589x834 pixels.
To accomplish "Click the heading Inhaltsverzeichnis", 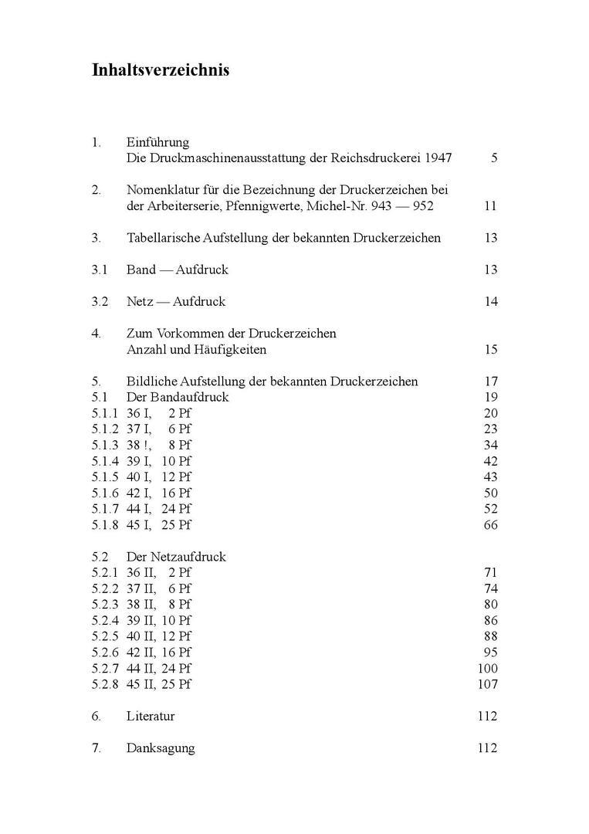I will (x=161, y=70).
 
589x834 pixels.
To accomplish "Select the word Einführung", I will (x=157, y=142).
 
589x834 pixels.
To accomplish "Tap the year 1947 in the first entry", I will (x=437, y=158).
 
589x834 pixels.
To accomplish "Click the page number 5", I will (x=493, y=158).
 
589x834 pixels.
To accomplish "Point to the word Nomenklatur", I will (x=165, y=190).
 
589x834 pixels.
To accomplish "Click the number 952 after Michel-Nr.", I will (x=422, y=206).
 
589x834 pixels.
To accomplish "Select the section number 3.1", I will (x=100, y=270).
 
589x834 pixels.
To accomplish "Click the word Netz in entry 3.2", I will (x=140, y=301).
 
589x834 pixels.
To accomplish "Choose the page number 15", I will (x=491, y=350).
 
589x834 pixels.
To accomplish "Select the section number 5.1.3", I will (x=104, y=445).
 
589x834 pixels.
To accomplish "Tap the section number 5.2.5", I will (x=104, y=636).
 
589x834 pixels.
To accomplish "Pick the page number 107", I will (x=488, y=684).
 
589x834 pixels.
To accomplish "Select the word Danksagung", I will (x=161, y=748).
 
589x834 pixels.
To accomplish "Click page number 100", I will (x=488, y=668).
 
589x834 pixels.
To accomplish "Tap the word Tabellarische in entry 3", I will (x=162, y=238).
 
